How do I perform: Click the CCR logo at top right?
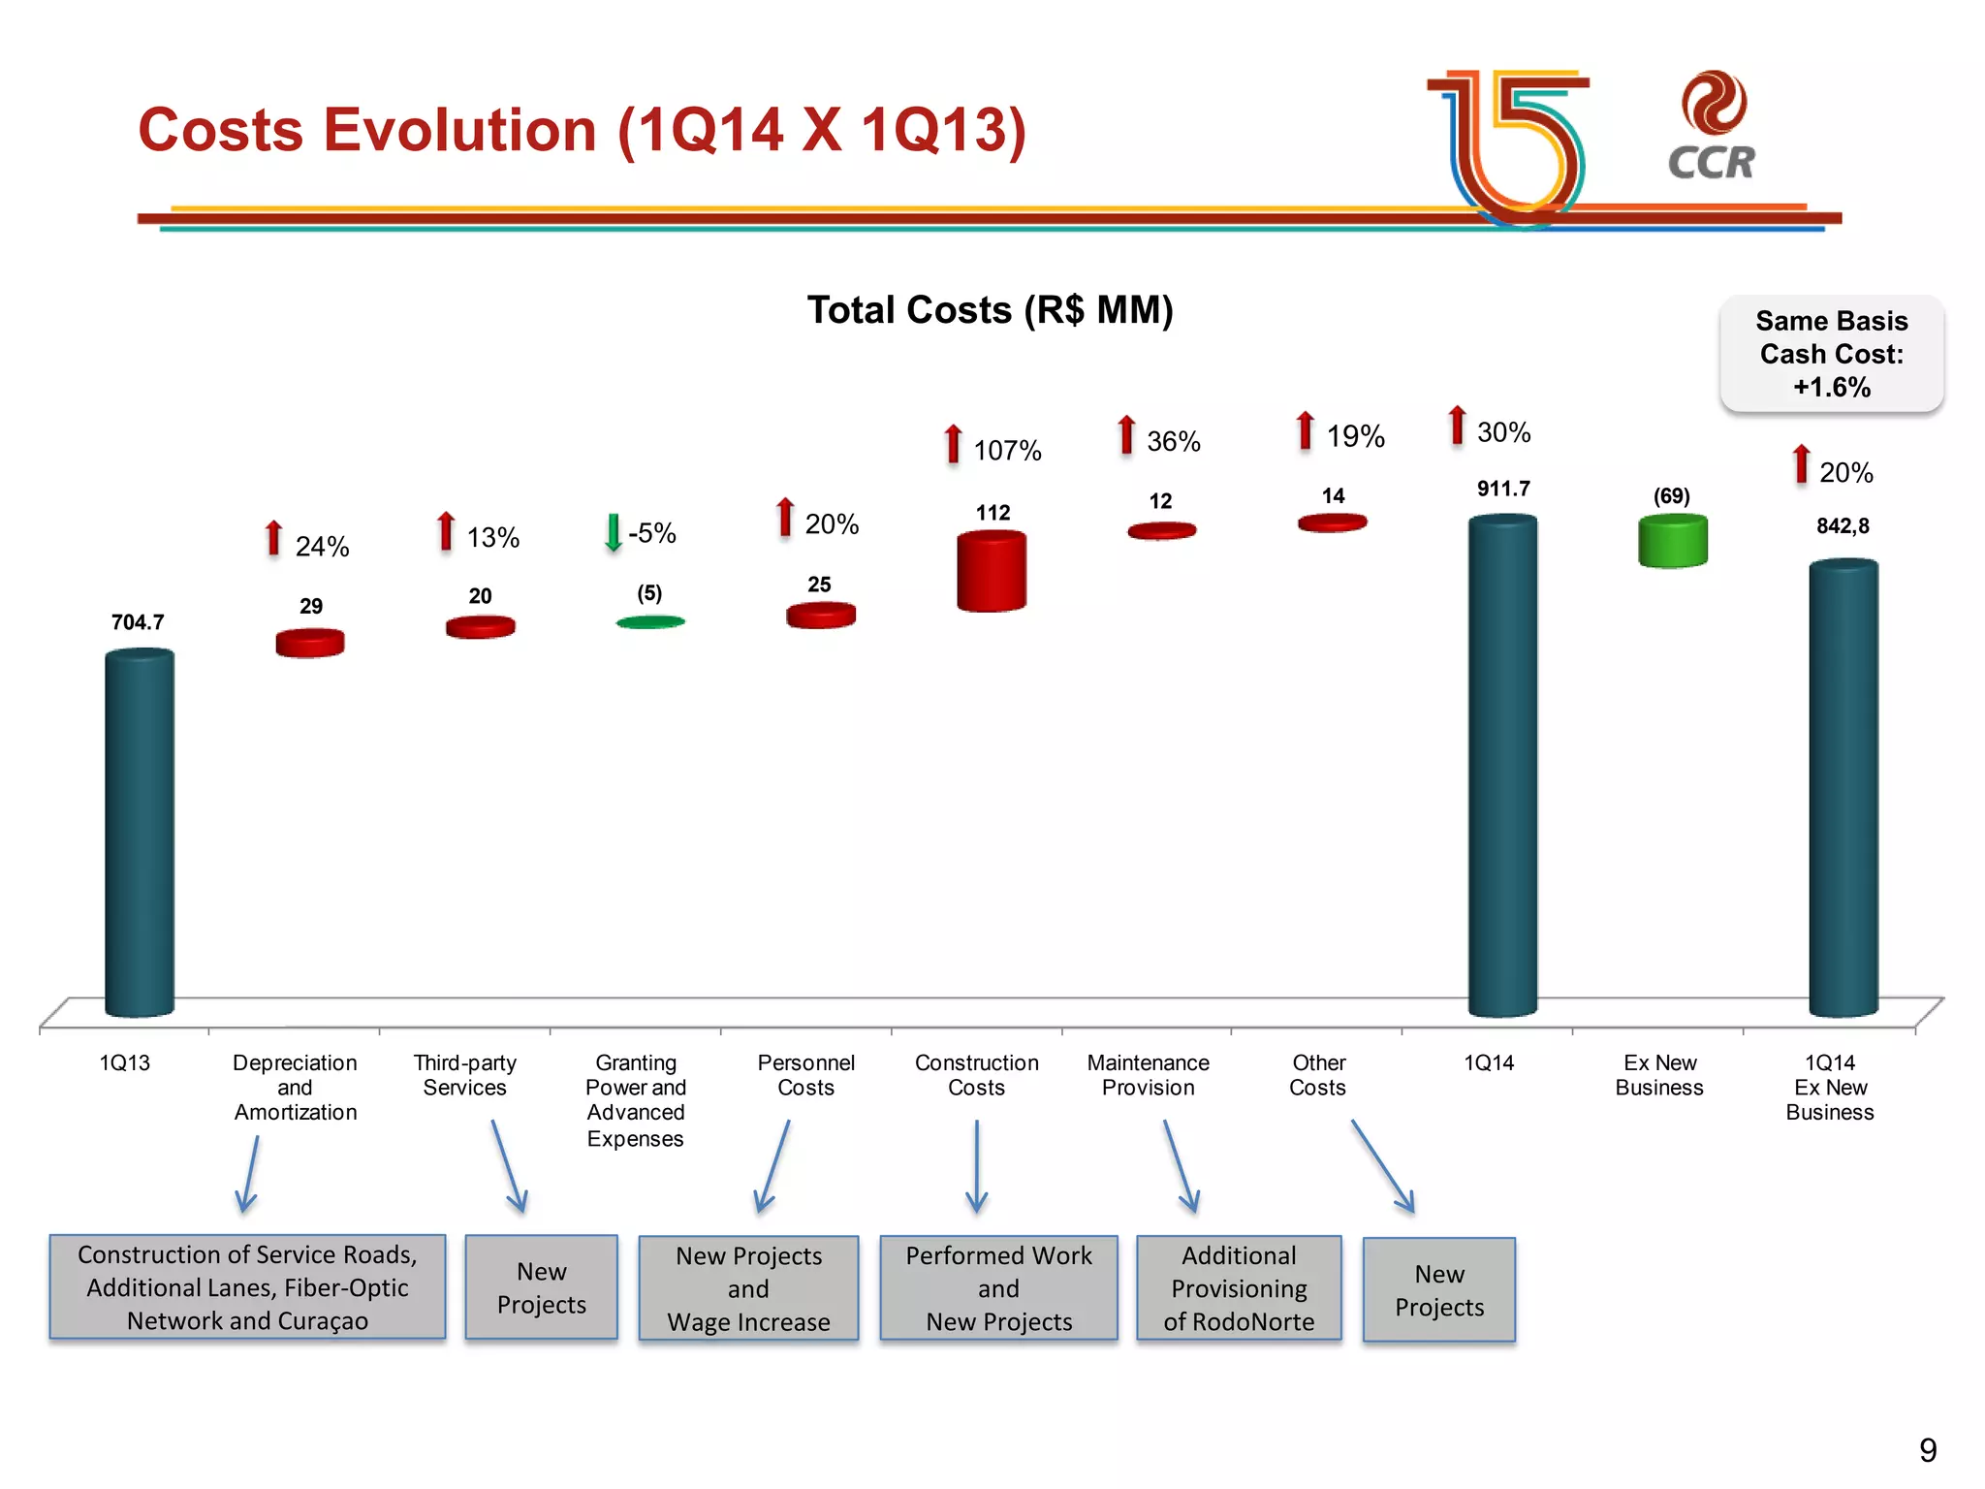[1712, 127]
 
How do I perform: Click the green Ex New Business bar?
[1672, 541]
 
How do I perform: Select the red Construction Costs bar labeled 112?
[991, 571]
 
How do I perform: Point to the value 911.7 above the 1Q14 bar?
[1502, 489]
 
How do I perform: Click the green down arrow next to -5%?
[613, 532]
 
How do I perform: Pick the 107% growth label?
[1007, 451]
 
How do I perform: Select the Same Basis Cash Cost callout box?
[1831, 354]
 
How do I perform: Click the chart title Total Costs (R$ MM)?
[990, 310]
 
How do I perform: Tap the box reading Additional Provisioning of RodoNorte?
[1239, 1288]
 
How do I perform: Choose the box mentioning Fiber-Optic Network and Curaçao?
[247, 1287]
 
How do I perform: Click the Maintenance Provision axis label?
[1148, 1075]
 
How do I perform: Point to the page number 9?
[1927, 1450]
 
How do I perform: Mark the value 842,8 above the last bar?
[1842, 526]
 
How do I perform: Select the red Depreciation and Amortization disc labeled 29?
[310, 643]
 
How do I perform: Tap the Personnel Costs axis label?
[805, 1075]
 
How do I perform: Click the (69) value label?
[1671, 496]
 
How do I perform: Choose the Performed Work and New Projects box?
[998, 1288]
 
